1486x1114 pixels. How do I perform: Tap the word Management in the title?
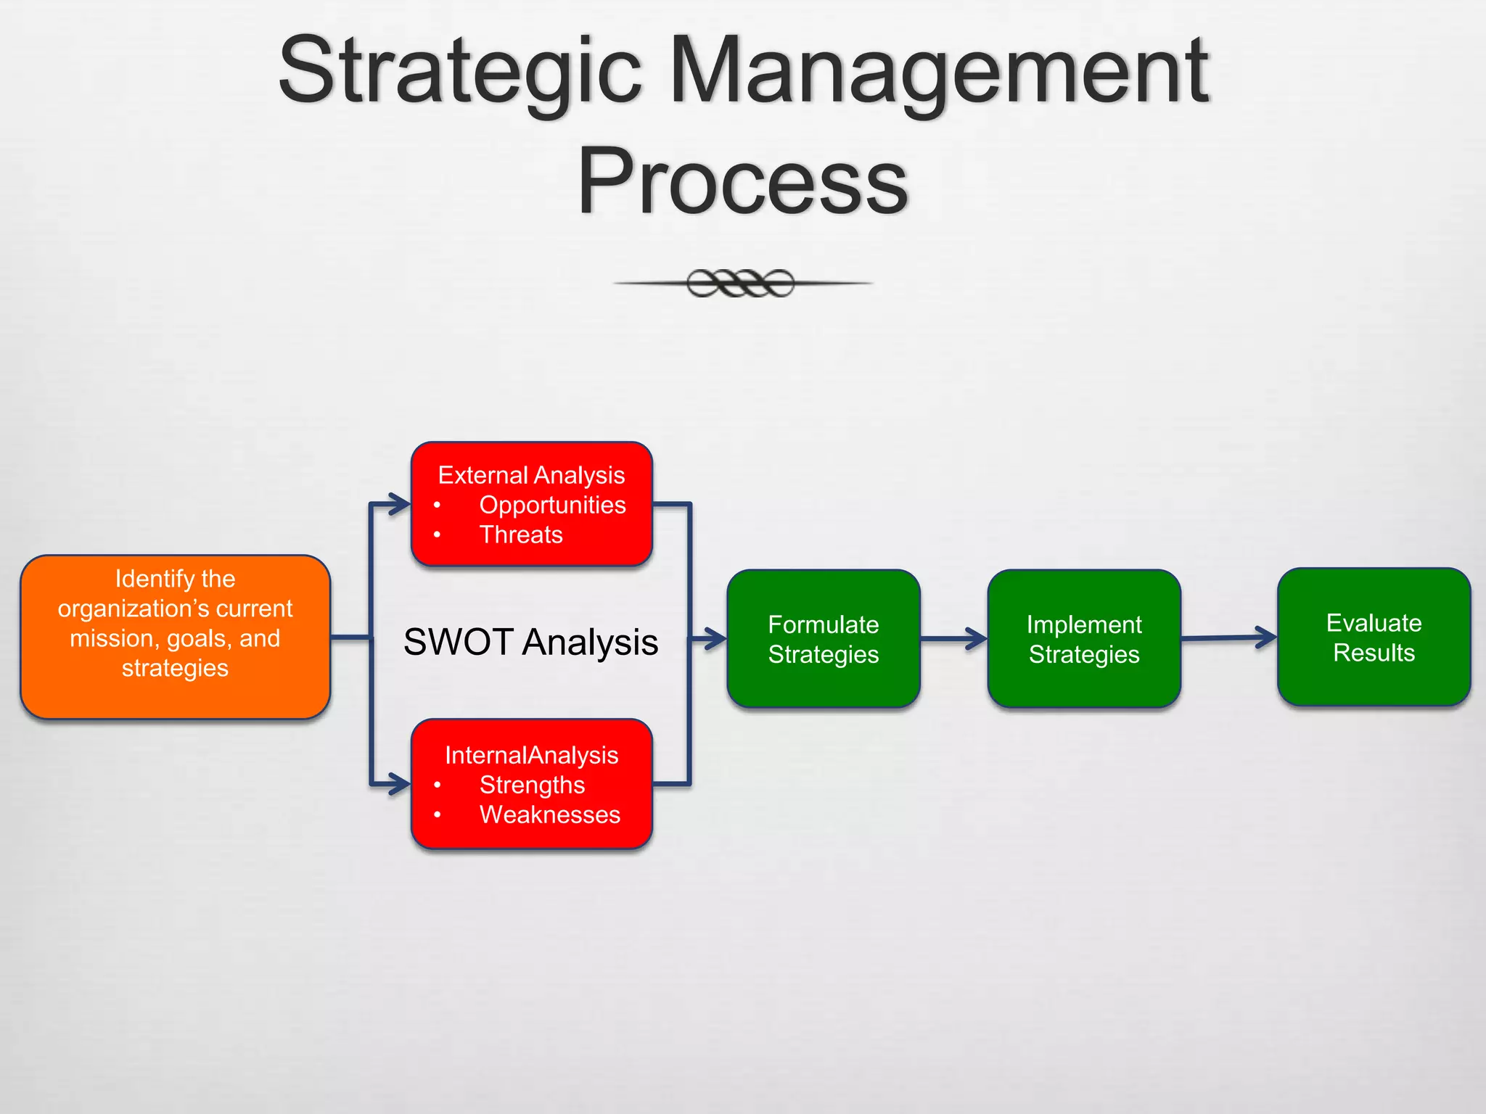[x=938, y=71]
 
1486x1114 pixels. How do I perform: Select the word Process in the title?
[x=742, y=181]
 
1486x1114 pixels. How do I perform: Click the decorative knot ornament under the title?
[x=741, y=283]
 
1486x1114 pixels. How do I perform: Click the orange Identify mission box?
[x=175, y=637]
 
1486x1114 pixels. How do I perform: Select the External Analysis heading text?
[x=531, y=475]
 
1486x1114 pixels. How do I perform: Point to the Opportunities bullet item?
[x=552, y=505]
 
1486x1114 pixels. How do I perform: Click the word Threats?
[x=521, y=535]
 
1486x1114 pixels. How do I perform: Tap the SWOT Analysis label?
[x=530, y=642]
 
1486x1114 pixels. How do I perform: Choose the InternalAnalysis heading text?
[x=531, y=755]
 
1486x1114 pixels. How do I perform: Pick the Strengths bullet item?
[x=532, y=785]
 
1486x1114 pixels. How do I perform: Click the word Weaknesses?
[x=550, y=814]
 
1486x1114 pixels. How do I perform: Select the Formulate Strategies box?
[x=824, y=639]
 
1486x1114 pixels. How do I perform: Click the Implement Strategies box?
[x=1084, y=639]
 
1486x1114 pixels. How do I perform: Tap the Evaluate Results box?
[x=1374, y=638]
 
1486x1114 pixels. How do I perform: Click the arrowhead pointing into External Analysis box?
[x=400, y=504]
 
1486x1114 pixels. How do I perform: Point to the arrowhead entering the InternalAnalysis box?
[x=400, y=784]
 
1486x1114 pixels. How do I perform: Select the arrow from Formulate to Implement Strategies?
[x=954, y=639]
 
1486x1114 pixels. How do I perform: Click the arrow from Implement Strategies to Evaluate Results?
[x=1229, y=638]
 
